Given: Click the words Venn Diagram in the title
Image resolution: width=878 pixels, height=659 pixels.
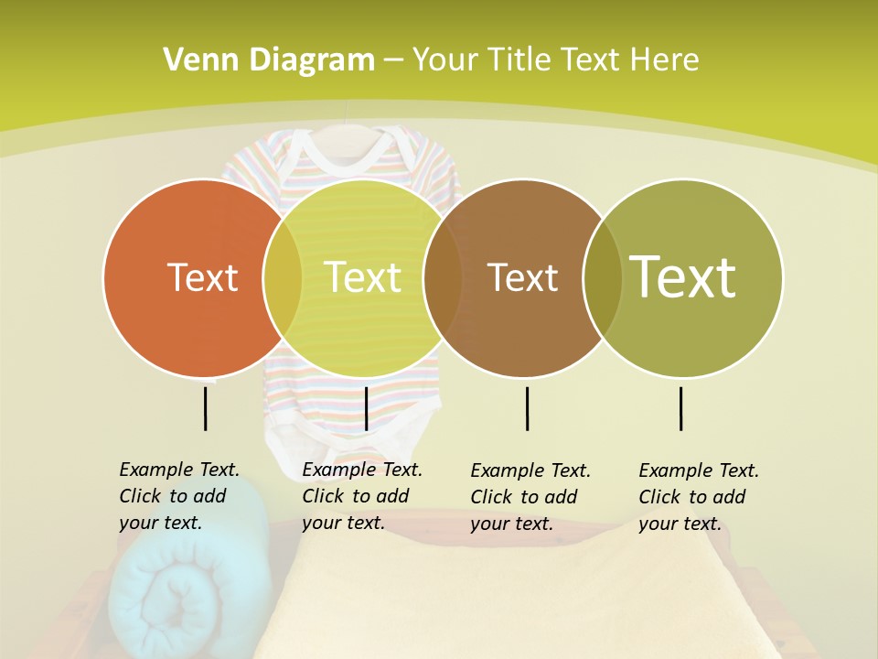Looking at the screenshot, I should point(269,60).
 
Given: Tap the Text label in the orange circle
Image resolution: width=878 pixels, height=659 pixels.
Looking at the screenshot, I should point(202,277).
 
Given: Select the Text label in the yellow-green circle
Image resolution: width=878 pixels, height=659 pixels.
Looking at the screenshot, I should point(363,277).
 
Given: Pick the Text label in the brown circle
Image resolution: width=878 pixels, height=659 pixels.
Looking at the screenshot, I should point(523,277).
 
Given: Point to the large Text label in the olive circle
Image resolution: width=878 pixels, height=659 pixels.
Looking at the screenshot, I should point(683,277).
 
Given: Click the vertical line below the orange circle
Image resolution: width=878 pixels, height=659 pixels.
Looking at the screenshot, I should point(206,408).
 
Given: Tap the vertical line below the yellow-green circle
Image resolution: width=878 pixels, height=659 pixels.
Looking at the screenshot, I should point(366,408).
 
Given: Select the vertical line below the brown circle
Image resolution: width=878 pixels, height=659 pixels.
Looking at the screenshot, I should point(528,408).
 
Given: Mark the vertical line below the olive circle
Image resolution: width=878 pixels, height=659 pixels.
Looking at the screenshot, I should point(681,408).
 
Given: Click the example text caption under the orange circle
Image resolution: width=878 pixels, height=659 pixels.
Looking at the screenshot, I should point(179,496).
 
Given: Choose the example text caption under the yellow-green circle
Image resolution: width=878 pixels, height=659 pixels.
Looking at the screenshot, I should point(362,496).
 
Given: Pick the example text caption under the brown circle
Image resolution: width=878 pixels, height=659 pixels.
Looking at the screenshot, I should point(530,497).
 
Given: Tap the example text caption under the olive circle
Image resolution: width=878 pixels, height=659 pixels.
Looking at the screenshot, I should point(699,497).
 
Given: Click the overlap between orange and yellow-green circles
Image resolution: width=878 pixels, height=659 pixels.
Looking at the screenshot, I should point(283,277).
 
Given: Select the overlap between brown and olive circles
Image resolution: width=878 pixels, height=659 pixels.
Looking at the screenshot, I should point(603,277).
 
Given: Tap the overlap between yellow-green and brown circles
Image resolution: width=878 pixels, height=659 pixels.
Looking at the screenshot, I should point(443,277).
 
